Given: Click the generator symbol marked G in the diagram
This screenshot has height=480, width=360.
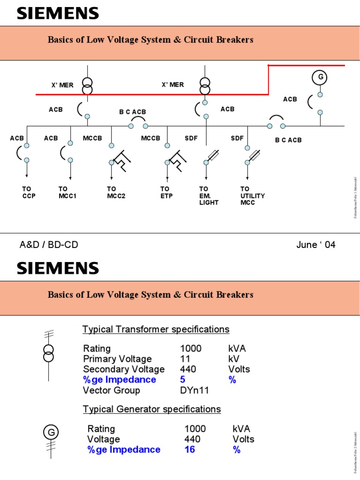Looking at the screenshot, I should coord(320,77).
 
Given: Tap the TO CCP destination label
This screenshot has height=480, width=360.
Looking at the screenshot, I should coord(29,193).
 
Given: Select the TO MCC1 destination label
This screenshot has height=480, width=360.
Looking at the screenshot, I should coord(67,193).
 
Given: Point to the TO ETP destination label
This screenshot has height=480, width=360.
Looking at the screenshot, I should coord(166,193).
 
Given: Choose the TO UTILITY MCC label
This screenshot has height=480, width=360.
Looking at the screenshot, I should coord(252,196).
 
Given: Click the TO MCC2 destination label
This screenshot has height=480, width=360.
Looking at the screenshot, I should coord(116,193).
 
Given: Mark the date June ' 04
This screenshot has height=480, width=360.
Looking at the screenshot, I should coord(316,245).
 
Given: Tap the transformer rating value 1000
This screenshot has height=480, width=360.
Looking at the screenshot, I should coord(191,349).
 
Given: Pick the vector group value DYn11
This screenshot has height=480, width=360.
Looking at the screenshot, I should coord(195,390).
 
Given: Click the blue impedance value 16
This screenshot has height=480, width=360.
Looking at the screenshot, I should coord(189,450).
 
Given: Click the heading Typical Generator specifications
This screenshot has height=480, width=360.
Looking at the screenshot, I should coord(152,409).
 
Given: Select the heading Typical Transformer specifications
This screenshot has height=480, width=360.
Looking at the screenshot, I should coord(156,330).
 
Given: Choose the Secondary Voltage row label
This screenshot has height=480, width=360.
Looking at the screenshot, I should coord(124,369).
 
